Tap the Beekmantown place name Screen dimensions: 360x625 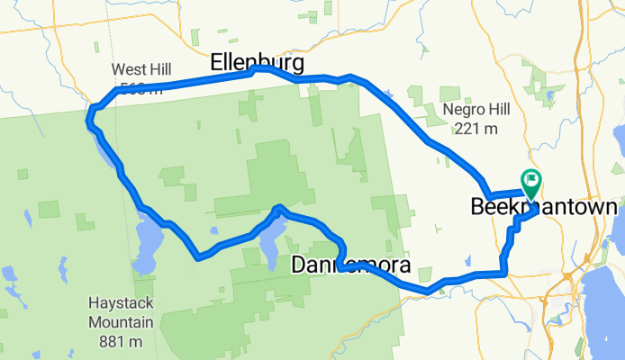click(x=544, y=207)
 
